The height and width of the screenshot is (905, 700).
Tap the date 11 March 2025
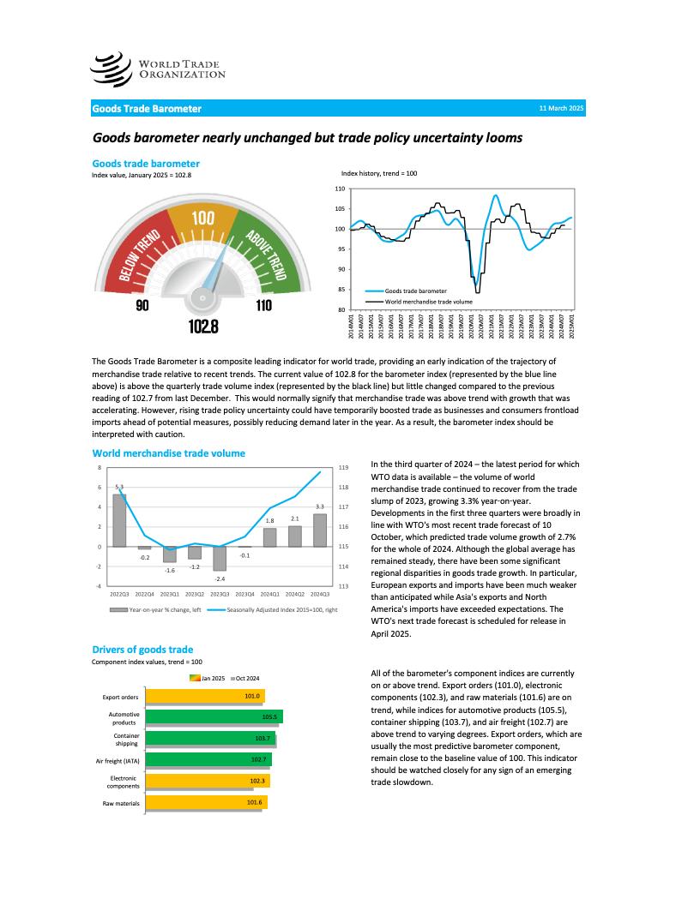click(561, 109)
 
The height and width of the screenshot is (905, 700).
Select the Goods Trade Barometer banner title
click(147, 109)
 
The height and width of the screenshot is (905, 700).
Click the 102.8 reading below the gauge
click(203, 327)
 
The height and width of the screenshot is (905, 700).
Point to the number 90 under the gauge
click(142, 305)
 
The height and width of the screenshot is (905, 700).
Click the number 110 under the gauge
click(263, 305)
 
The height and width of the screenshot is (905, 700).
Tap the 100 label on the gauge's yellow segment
click(203, 219)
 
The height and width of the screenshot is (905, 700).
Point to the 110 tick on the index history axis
click(340, 189)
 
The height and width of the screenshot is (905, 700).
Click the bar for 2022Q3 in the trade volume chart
click(119, 520)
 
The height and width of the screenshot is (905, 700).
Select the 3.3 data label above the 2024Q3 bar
click(320, 507)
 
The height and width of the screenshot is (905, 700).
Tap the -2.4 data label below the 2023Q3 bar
click(220, 579)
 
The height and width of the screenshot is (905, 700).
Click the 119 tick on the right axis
click(343, 468)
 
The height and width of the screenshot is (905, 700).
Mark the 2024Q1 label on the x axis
click(269, 593)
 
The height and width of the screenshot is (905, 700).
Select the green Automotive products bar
click(214, 716)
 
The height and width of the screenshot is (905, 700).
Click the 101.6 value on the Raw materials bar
click(254, 802)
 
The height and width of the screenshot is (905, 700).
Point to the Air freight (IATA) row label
click(118, 760)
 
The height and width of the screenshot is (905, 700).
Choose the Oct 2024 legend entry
click(247, 678)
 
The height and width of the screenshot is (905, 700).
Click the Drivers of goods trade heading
click(142, 650)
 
